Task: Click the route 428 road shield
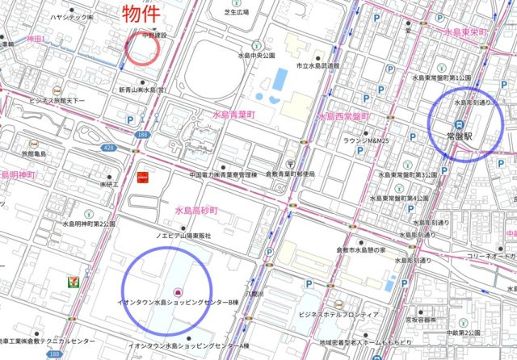point(107,149)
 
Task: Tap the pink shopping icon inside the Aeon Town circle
point(177,291)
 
